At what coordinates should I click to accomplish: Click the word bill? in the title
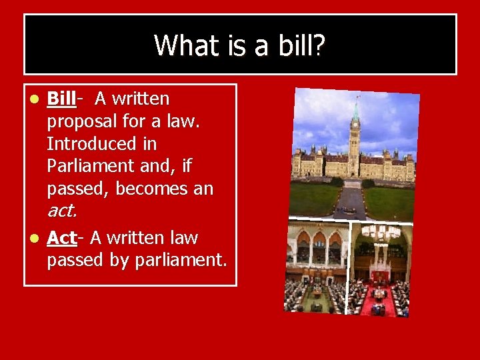(x=299, y=45)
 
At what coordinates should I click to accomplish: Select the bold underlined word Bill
(x=61, y=99)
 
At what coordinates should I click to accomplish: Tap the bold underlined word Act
(x=62, y=237)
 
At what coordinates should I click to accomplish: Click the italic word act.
(x=62, y=211)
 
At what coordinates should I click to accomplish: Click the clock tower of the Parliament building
(x=355, y=133)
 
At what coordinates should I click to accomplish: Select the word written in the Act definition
(x=138, y=237)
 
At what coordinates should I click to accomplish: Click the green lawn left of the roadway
(x=314, y=199)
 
